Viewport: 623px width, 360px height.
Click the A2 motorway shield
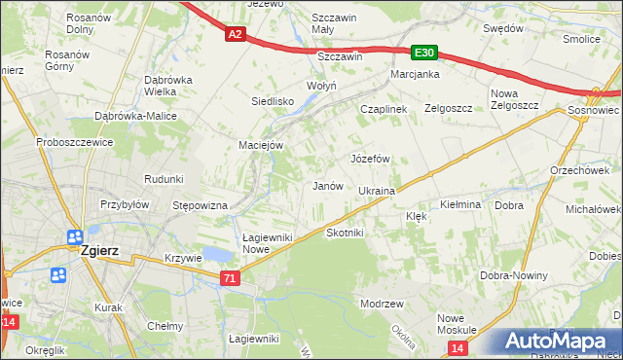(234, 34)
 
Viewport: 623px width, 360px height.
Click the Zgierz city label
(101, 249)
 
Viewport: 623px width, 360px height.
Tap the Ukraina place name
(377, 192)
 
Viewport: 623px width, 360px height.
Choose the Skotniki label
(345, 233)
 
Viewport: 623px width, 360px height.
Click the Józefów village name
(370, 158)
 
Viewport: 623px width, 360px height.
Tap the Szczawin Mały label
(336, 24)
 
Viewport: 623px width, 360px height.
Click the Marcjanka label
(416, 74)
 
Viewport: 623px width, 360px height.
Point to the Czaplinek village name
(384, 109)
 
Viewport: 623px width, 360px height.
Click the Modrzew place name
(382, 304)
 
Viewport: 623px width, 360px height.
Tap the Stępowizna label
(200, 206)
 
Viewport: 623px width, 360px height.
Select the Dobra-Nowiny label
(514, 276)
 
